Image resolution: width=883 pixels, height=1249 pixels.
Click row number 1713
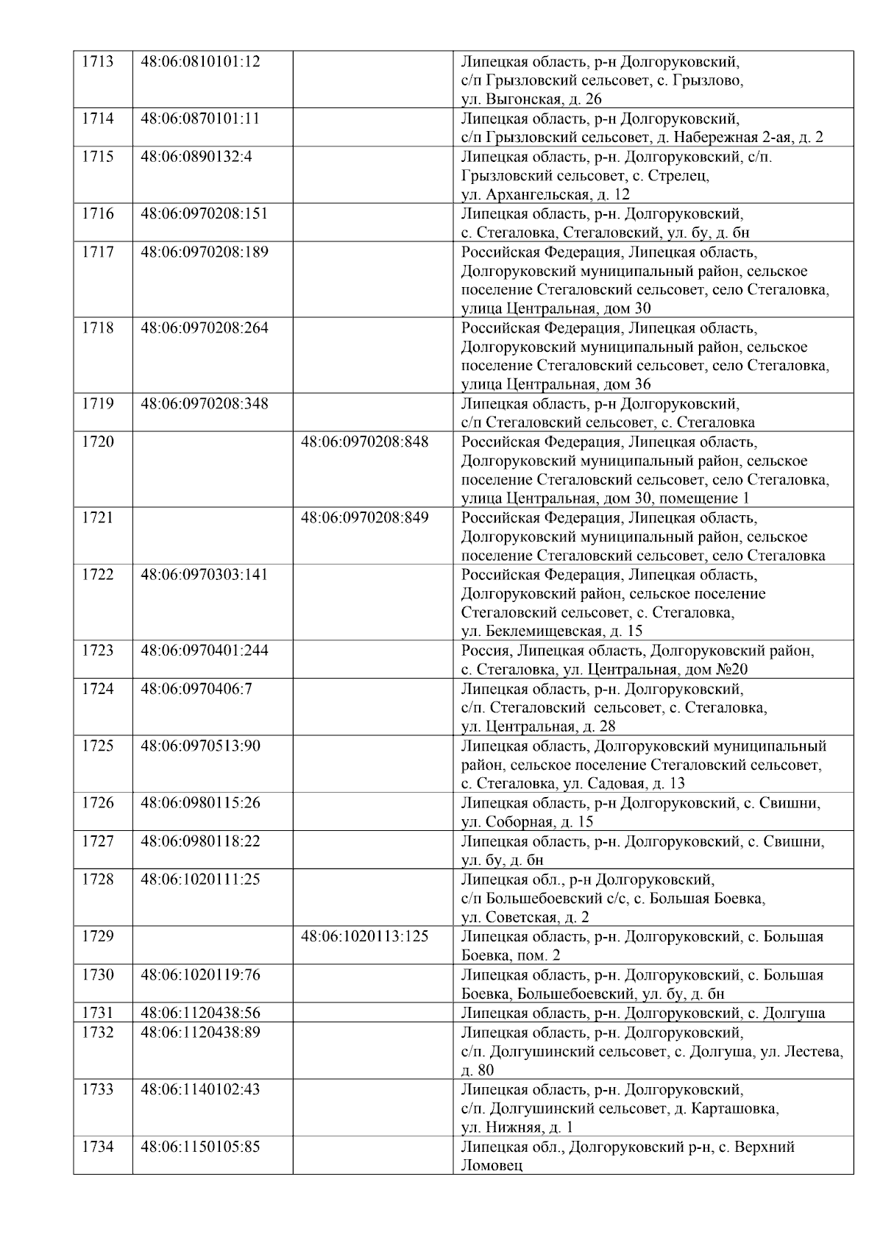[x=97, y=61]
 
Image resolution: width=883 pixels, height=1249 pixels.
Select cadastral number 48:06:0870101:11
[x=200, y=118]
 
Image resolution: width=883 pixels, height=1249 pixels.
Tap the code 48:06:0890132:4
[x=196, y=157]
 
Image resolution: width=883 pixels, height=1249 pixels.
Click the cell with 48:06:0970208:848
[x=365, y=442]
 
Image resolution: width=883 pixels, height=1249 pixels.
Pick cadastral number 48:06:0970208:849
[x=365, y=517]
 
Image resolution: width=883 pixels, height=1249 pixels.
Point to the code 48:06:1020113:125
[x=365, y=937]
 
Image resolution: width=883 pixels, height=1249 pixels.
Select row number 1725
[x=97, y=746]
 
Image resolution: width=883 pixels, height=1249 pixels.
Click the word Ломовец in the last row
[x=492, y=1167]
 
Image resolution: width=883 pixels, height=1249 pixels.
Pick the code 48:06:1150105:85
[x=200, y=1147]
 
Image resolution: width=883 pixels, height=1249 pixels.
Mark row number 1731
[x=97, y=1013]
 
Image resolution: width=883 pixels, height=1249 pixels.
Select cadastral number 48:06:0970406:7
[x=196, y=689]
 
